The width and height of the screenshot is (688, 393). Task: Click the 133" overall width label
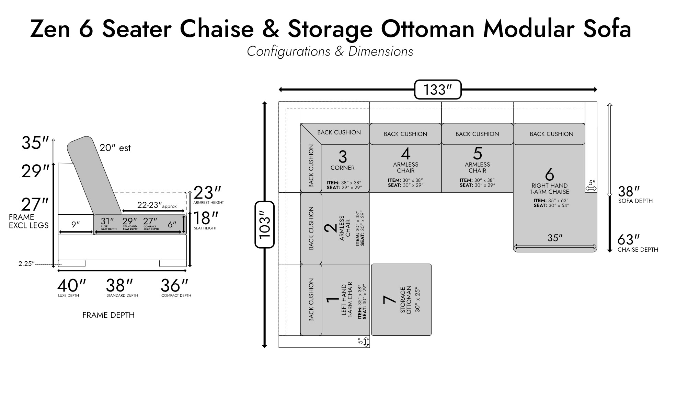437,90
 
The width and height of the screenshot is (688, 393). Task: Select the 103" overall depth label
265,225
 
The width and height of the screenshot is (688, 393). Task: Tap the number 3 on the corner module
343,156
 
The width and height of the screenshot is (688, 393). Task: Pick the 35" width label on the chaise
555,238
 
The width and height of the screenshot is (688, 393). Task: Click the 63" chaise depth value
629,239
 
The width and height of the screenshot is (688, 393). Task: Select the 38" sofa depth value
629,191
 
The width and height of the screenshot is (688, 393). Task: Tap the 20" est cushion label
115,148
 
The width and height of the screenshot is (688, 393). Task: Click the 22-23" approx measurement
157,205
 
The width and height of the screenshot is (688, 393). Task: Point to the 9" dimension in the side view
76,224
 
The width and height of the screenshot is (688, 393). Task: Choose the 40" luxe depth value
71,285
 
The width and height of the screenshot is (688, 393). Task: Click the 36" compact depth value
175,285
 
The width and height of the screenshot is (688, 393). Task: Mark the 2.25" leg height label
26,264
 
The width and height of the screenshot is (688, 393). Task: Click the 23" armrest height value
207,192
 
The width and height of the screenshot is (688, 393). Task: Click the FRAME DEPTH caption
108,315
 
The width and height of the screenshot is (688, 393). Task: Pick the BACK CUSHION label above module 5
477,134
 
